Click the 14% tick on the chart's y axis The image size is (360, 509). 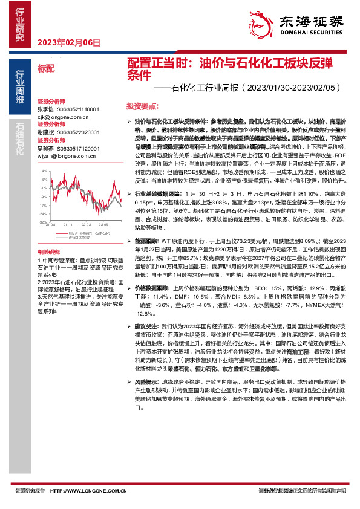click(x=44, y=171)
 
